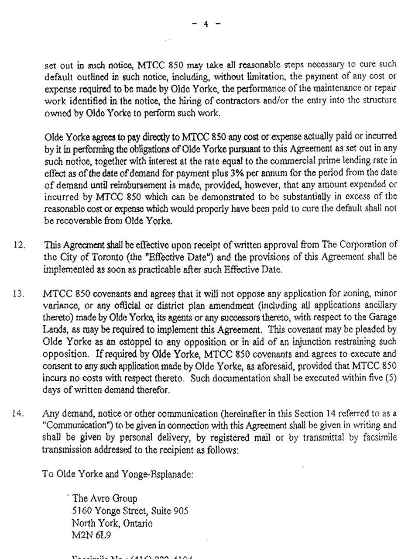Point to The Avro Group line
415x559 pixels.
pyautogui.click(x=105, y=498)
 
